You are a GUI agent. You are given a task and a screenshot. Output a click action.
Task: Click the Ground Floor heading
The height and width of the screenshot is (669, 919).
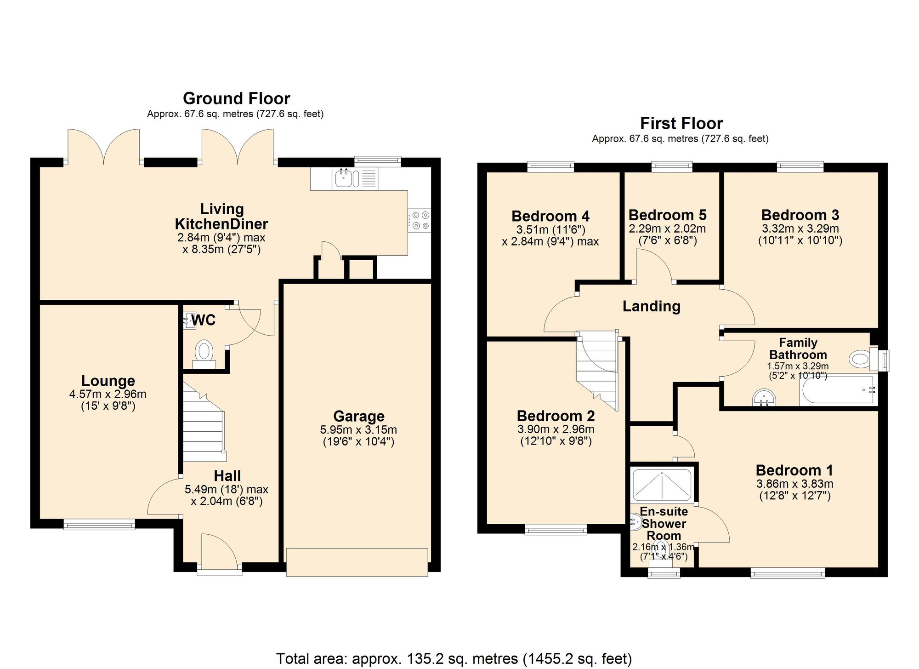pyautogui.click(x=236, y=98)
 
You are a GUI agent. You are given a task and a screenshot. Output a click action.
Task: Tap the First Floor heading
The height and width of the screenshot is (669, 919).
pyautogui.click(x=681, y=123)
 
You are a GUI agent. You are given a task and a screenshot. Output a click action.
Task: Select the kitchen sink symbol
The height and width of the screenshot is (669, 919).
pyautogui.click(x=343, y=178)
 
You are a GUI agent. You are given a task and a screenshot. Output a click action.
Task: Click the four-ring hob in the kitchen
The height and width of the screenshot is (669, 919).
pyautogui.click(x=420, y=220)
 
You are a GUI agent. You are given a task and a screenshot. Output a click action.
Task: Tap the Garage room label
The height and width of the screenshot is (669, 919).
pyautogui.click(x=358, y=416)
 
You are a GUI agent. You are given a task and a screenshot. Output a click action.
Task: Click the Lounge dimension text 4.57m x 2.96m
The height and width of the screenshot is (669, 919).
pyautogui.click(x=108, y=394)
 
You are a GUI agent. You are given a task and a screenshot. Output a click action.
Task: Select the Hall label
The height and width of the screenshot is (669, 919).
pyautogui.click(x=227, y=476)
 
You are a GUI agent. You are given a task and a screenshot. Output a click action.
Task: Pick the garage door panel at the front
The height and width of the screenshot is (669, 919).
pyautogui.click(x=357, y=562)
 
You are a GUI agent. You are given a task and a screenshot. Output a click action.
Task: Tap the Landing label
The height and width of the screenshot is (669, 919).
pyautogui.click(x=651, y=306)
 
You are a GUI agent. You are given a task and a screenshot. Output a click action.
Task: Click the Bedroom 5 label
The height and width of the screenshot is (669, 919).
pyautogui.click(x=667, y=215)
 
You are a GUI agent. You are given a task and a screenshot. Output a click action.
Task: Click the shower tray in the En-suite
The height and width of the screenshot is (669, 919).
pyautogui.click(x=662, y=485)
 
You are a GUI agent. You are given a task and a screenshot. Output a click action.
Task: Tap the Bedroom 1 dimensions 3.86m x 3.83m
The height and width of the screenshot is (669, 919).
pyautogui.click(x=794, y=484)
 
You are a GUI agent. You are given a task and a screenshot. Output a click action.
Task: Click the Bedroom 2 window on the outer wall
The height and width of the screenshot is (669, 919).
pyautogui.click(x=556, y=529)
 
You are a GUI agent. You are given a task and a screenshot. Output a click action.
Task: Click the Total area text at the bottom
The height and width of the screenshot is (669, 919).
pyautogui.click(x=454, y=658)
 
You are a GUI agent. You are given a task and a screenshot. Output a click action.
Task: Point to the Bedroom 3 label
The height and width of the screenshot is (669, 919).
pyautogui.click(x=800, y=215)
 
